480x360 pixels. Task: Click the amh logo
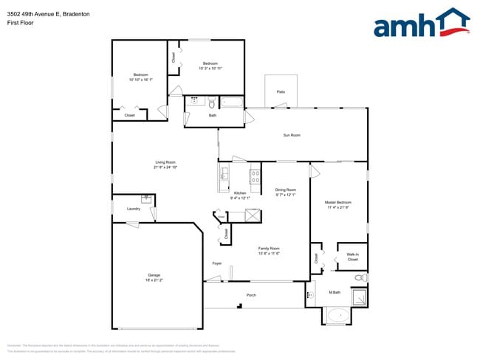[422, 24]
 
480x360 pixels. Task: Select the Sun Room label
[292, 135]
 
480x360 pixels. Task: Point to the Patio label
[281, 91]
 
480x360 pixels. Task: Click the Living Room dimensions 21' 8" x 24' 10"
[165, 167]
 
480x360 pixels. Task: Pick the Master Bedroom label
[338, 202]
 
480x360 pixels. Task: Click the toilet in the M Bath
[360, 277]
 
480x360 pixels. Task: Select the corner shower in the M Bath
[359, 298]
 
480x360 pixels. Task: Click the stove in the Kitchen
[255, 176]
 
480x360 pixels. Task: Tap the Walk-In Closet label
[352, 257]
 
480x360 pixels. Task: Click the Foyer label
[217, 263]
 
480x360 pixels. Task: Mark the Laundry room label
[133, 209]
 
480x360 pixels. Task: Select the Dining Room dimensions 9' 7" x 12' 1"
[286, 195]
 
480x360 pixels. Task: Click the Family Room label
[269, 249]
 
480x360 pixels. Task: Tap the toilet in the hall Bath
[211, 101]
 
